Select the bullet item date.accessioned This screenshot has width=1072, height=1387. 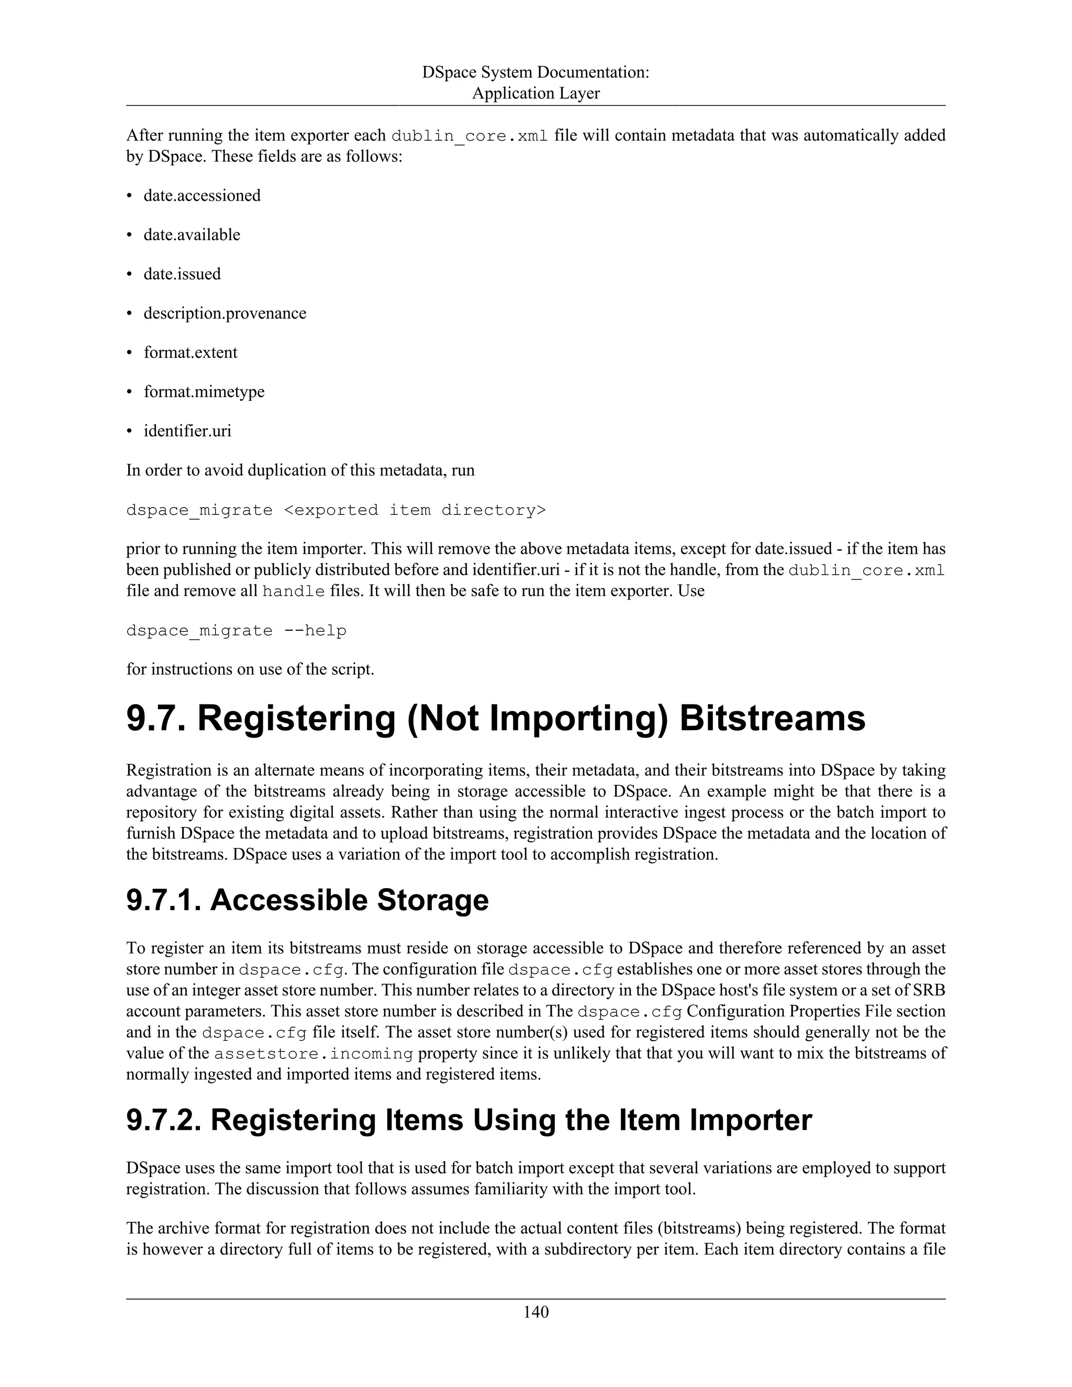point(202,196)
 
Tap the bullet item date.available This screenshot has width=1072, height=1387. point(192,235)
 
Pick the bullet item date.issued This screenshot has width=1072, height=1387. point(182,274)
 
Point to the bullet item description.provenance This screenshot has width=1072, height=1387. point(225,314)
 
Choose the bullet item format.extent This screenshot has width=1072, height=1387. point(191,352)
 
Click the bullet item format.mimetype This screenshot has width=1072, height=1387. point(204,392)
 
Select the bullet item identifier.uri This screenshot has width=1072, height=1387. point(187,431)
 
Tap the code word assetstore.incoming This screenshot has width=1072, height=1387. point(314,1054)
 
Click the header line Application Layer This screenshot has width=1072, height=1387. point(535,93)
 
